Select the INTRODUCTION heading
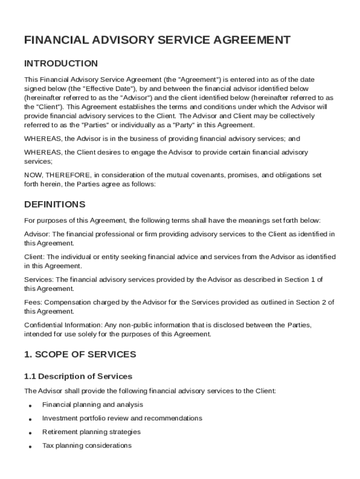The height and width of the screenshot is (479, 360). point(61,64)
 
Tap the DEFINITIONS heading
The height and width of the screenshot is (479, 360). point(55,204)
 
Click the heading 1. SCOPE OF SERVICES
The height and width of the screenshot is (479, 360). point(80,355)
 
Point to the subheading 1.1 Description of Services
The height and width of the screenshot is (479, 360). point(78,376)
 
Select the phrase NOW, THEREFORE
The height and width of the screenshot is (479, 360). point(58,175)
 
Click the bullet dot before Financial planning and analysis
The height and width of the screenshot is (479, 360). point(30,406)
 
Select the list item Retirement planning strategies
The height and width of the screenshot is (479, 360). point(91,432)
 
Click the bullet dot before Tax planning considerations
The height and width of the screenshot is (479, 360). point(30,447)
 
